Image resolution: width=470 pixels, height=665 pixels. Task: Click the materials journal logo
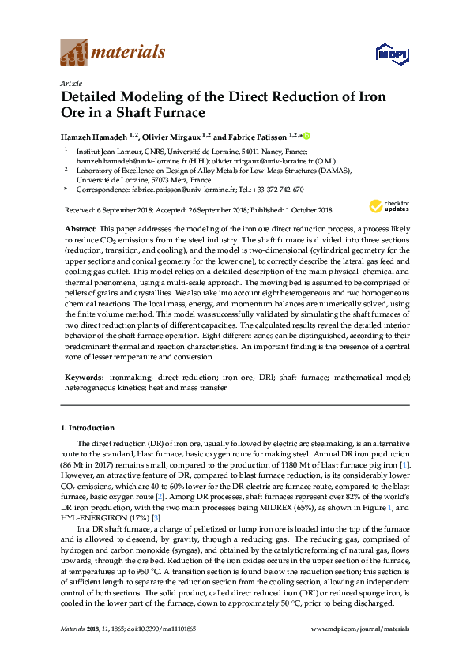coord(113,53)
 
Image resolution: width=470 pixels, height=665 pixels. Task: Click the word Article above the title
coord(70,81)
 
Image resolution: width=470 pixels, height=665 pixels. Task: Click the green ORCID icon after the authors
coord(307,136)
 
